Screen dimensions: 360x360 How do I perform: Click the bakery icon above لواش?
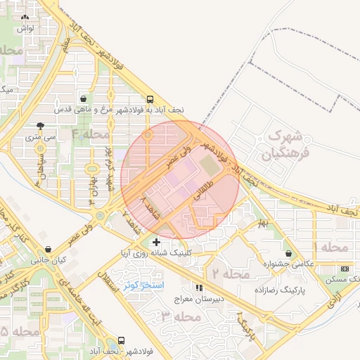pos(23,15)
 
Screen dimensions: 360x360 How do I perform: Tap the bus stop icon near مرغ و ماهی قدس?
pos(149,99)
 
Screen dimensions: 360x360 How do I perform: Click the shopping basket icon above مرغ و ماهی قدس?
pos(84,99)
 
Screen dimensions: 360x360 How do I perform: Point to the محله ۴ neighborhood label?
pos(91,134)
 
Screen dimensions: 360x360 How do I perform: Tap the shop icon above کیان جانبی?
pos(48,250)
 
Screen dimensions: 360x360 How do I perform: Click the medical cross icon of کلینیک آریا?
pos(156,243)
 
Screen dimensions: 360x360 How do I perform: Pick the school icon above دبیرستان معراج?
pos(199,287)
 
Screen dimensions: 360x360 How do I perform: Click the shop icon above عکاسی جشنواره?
pos(289,253)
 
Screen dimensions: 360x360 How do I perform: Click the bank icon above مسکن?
pos(345,269)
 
